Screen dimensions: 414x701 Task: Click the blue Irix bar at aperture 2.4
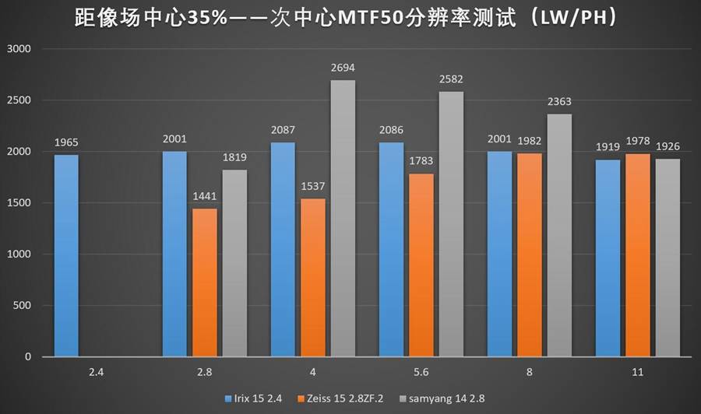pyautogui.click(x=67, y=255)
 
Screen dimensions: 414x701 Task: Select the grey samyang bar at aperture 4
pyautogui.click(x=343, y=218)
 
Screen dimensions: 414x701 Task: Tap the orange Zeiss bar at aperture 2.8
pyautogui.click(x=205, y=282)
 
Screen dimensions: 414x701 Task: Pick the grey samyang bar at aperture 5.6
pyautogui.click(x=451, y=224)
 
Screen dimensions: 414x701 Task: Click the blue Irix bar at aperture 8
pyautogui.click(x=499, y=254)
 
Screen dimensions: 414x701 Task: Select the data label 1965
pyautogui.click(x=67, y=143)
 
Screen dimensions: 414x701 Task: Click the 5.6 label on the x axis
pyautogui.click(x=421, y=373)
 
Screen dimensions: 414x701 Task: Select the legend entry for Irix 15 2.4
pyautogui.click(x=254, y=398)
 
